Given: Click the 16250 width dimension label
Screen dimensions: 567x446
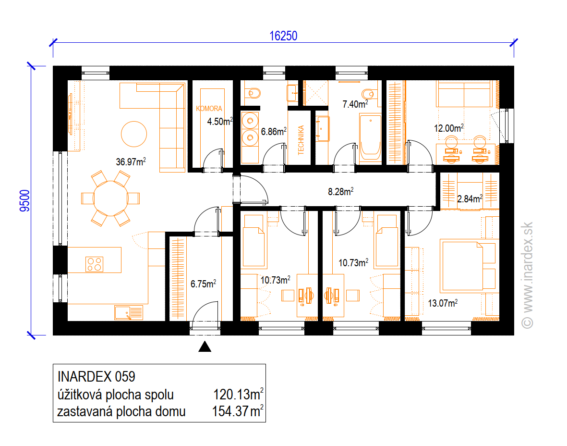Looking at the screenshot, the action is [x=283, y=36].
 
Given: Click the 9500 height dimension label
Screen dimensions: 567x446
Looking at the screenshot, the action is [x=25, y=200].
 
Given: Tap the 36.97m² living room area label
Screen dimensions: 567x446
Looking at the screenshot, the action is [x=131, y=161].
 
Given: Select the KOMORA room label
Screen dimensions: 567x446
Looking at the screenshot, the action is [x=209, y=109].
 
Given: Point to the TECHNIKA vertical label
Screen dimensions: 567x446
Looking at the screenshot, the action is [x=301, y=140].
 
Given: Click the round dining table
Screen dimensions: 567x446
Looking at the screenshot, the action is [x=110, y=198].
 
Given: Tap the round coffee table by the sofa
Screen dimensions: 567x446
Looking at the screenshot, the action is [x=134, y=134].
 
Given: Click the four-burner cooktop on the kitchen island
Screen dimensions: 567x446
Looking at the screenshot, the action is [x=95, y=264].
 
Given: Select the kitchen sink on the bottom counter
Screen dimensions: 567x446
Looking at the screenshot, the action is [x=129, y=313].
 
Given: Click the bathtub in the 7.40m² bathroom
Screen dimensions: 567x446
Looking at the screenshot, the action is [x=370, y=137].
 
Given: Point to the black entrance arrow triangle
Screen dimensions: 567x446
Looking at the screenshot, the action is [x=205, y=347].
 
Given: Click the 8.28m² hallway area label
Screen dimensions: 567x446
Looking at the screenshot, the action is [x=341, y=191].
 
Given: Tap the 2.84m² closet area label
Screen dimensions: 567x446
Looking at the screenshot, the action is [x=470, y=198].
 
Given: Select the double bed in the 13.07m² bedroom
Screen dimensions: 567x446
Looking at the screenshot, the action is [x=468, y=266].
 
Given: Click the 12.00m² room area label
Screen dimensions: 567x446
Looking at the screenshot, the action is [x=449, y=128].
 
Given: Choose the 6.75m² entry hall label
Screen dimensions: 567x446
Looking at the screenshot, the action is [x=203, y=284].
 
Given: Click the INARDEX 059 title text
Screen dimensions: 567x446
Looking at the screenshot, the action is [x=96, y=377].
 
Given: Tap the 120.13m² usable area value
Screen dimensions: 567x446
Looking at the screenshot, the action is [x=238, y=394].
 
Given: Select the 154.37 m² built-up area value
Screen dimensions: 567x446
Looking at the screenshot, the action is [x=238, y=411].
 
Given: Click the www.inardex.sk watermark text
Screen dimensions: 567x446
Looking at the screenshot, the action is [x=528, y=275].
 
